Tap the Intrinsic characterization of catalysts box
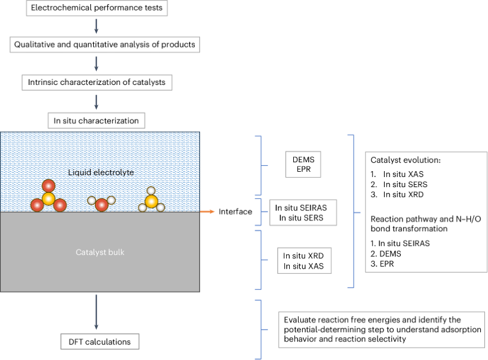pos(97,82)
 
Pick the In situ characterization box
pos(96,121)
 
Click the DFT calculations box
pos(100,342)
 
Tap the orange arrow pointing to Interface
pos(206,211)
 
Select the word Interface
pos(235,211)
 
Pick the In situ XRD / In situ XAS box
pos(304,261)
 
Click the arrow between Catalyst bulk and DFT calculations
pos(96,312)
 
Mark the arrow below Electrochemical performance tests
pos(96,26)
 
